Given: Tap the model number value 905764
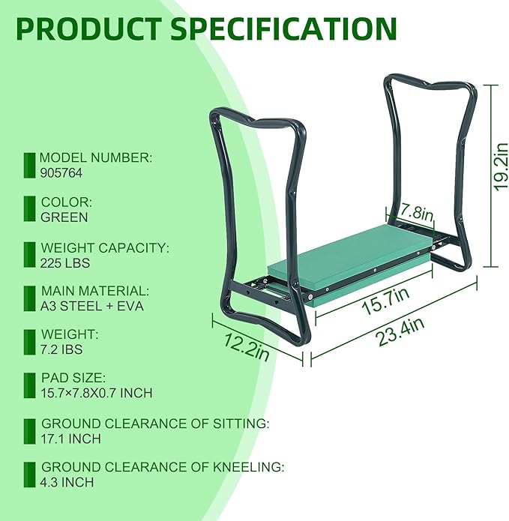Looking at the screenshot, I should (61, 172).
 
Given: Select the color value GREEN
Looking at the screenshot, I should (64, 217).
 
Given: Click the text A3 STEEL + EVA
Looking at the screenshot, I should (91, 306).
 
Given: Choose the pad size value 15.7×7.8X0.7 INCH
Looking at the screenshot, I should (107, 394).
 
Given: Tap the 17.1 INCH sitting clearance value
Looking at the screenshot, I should (70, 439).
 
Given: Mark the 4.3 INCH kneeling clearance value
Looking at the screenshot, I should (67, 482).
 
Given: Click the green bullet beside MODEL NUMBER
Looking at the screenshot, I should (30, 165).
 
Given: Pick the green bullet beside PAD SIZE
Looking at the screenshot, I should (30, 386).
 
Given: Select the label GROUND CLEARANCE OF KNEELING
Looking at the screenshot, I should (163, 467).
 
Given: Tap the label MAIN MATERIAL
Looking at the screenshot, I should (95, 291).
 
